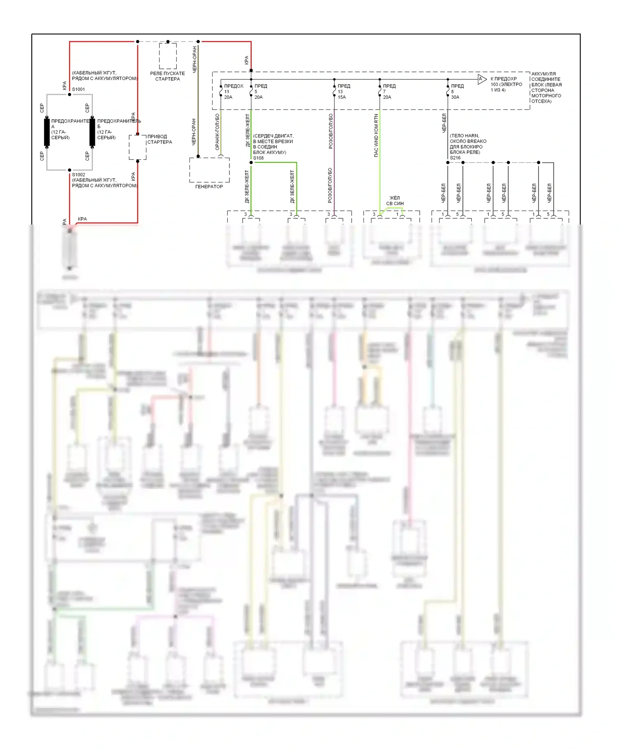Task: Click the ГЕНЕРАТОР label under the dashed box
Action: (x=209, y=187)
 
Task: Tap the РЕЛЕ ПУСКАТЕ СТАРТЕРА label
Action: (x=168, y=76)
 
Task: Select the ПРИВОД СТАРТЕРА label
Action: (x=160, y=139)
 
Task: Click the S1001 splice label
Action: (x=78, y=89)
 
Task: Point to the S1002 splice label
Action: (x=78, y=175)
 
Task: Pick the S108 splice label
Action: (x=258, y=158)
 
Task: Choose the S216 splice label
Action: (x=455, y=158)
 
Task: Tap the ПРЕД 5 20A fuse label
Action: (x=260, y=92)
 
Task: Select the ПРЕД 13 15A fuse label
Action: (x=343, y=92)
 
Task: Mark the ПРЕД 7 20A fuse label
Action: (x=389, y=92)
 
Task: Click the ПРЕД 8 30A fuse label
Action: (x=457, y=92)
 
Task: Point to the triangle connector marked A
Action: (x=482, y=79)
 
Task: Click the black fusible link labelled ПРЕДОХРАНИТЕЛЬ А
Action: (x=47, y=132)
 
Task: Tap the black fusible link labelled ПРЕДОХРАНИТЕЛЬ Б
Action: (x=92, y=132)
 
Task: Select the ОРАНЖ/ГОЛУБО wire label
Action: (x=217, y=132)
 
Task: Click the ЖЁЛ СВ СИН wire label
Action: (x=395, y=201)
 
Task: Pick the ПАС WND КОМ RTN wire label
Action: (x=376, y=135)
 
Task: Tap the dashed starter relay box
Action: (x=168, y=56)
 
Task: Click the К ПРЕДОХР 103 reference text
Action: (x=506, y=84)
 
